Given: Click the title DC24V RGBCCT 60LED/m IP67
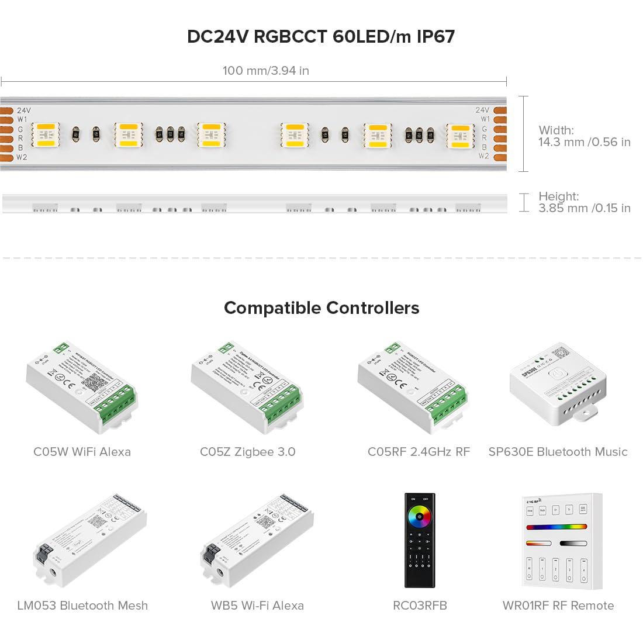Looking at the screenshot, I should [x=321, y=37].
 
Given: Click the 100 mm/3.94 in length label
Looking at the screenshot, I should [x=265, y=71].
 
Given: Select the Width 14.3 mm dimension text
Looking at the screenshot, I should [x=584, y=136].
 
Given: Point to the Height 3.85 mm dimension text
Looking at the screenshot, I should [x=584, y=202].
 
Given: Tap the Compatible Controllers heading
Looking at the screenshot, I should [x=321, y=308].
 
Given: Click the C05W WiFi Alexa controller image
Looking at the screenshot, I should [x=82, y=387].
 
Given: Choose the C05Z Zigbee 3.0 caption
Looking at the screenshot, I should [x=247, y=452].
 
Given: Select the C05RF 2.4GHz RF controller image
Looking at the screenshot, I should [x=413, y=387].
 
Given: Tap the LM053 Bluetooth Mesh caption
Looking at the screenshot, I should [x=82, y=606].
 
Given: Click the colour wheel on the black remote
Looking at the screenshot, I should [x=420, y=516].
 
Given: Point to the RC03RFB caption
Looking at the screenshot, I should [x=420, y=606].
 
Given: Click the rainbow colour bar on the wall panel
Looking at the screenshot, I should [x=556, y=527].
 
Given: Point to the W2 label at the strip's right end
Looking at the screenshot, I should [x=483, y=156].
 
